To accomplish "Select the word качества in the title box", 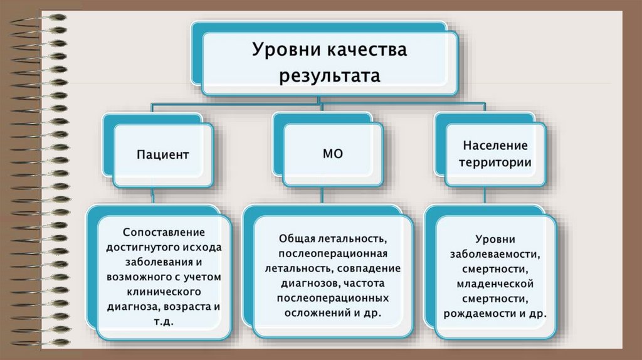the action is click(367, 50).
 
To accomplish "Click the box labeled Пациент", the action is click(162, 154).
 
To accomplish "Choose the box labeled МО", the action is click(332, 154).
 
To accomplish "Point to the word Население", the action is click(495, 146).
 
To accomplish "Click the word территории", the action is click(495, 162).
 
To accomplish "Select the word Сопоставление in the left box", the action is click(164, 232).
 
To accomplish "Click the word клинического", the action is click(164, 292).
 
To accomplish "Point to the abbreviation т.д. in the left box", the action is click(164, 322).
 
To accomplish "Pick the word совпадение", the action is click(363, 268).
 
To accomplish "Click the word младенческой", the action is click(495, 283).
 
